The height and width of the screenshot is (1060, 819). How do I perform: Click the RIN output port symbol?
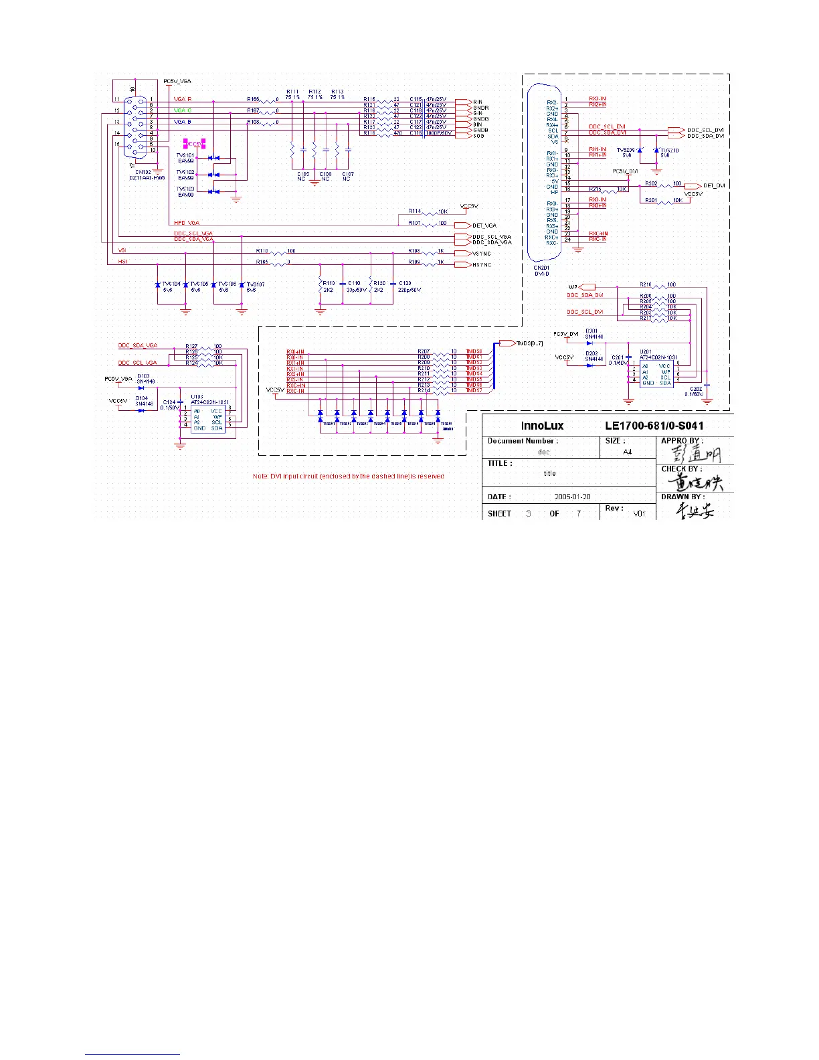[462, 102]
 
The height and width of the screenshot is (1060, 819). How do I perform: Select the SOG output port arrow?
[462, 135]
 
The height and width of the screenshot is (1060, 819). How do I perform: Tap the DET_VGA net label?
[484, 226]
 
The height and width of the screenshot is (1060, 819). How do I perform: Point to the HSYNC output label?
[482, 265]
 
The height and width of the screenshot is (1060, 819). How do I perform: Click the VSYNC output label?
[482, 254]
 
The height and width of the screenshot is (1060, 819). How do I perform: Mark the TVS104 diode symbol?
[157, 285]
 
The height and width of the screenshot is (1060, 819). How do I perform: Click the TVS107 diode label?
[256, 284]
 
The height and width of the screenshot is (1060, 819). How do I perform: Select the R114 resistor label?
[415, 211]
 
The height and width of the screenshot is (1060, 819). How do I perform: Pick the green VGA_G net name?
[183, 110]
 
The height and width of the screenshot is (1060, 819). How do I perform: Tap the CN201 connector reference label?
[541, 268]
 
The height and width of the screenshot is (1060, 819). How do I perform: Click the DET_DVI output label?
[714, 185]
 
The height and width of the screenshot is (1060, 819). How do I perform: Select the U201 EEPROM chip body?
[656, 374]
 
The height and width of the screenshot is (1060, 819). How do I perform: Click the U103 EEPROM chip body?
[207, 420]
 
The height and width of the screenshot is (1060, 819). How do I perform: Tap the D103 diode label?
[143, 376]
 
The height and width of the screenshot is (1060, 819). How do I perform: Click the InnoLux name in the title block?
[542, 426]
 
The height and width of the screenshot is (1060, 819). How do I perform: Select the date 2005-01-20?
[573, 497]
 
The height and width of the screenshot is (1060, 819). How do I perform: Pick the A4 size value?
[628, 452]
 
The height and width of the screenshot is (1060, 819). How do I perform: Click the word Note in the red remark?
[260, 476]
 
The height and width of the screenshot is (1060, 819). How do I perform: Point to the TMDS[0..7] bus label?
[530, 343]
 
